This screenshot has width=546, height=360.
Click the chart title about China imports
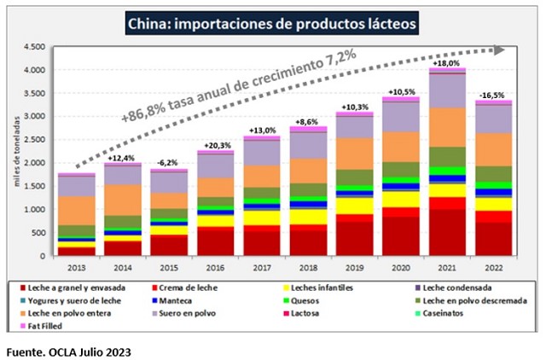(x=271, y=23)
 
